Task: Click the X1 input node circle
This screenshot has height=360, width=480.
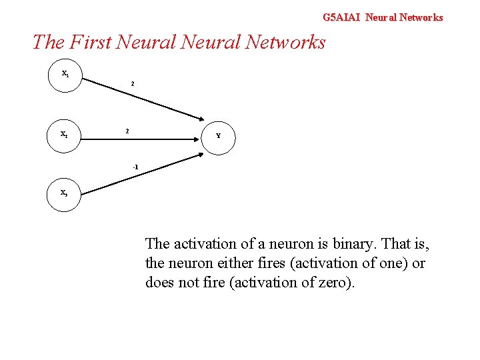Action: pyautogui.click(x=65, y=74)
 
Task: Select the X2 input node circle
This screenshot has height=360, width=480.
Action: pyautogui.click(x=65, y=134)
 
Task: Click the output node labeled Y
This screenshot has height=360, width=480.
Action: pyautogui.click(x=218, y=135)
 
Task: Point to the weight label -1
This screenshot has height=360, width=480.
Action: pyautogui.click(x=135, y=166)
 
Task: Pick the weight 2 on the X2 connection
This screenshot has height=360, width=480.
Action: pyautogui.click(x=128, y=131)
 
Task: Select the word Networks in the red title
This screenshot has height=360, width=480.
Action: pyautogui.click(x=285, y=42)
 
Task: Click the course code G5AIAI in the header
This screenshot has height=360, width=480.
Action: pyautogui.click(x=341, y=17)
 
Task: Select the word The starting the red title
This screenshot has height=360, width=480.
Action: pyautogui.click(x=49, y=42)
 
